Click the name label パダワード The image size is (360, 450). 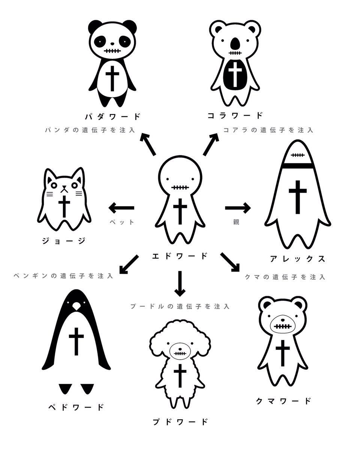pyautogui.click(x=112, y=116)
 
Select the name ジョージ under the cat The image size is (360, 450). pyautogui.click(x=64, y=240)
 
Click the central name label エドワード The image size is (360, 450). pyautogui.click(x=180, y=256)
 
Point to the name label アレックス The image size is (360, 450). pyautogui.click(x=297, y=259)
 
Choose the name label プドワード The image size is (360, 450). pyautogui.click(x=180, y=421)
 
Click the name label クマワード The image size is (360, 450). pyautogui.click(x=284, y=401)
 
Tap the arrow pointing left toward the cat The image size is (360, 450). pyautogui.click(x=121, y=207)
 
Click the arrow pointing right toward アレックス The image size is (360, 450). pyautogui.click(x=238, y=207)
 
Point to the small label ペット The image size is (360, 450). pyautogui.click(x=121, y=222)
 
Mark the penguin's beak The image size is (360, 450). pyautogui.click(x=76, y=306)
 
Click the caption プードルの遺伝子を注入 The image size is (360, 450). pyautogui.click(x=180, y=306)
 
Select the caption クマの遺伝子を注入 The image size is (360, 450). pyautogui.click(x=285, y=277)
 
